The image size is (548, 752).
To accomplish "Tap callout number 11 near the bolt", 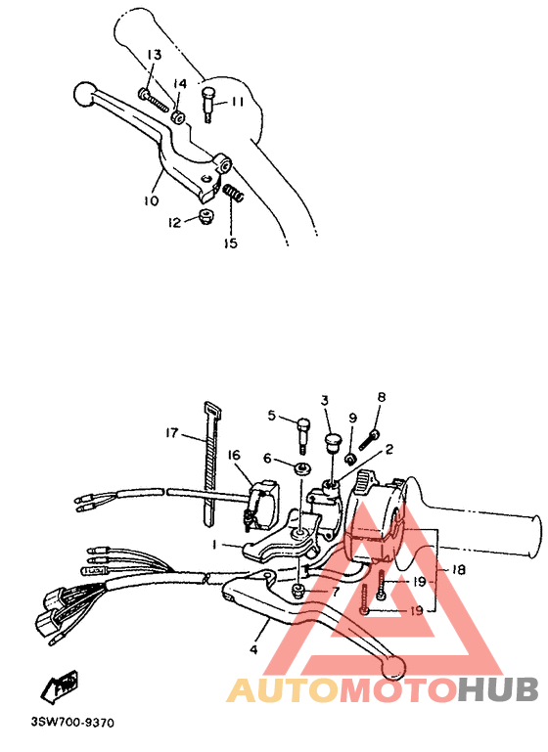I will pos(238,102).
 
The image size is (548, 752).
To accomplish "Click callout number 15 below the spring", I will pos(230,243).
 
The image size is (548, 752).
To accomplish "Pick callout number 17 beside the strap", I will pos(172,433).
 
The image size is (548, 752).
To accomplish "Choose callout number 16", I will pos(235,456).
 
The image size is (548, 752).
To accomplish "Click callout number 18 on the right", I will pos(458,568).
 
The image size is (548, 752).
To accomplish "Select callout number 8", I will pos(382,397).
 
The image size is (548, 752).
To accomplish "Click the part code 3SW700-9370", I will pos(73,724).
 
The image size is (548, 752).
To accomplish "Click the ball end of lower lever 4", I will pos(393,667).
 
